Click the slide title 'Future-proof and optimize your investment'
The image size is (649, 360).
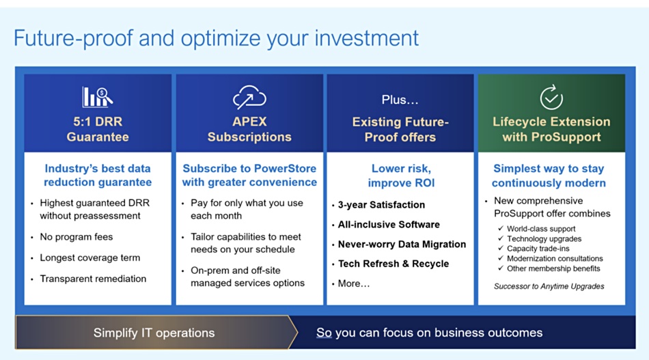coord(216,39)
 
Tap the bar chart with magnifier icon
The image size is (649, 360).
coord(97,97)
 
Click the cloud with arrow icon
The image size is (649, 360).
coord(249,97)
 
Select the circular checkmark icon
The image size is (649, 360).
coord(551,97)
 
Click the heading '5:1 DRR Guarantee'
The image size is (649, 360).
coord(98,129)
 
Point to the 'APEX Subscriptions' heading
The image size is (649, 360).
coord(249,129)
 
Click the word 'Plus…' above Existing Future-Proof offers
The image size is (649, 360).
coord(400,100)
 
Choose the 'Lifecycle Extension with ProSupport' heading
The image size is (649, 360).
coord(551,129)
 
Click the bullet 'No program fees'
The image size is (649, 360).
coord(76,236)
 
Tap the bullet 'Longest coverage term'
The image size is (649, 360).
coord(89,258)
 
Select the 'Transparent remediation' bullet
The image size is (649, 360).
coord(93,279)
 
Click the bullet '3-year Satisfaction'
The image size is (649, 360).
coord(381,205)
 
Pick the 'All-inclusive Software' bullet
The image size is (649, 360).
coord(389,225)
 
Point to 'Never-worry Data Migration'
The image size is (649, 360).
coord(402,245)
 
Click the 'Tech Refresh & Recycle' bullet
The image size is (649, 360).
coord(393,264)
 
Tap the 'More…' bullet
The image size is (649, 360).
coord(353,284)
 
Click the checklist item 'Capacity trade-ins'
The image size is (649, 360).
coord(538,249)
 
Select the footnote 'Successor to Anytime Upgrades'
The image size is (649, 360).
coord(549,286)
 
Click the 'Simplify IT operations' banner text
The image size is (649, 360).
coord(154,333)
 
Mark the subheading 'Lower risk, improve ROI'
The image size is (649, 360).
coord(401,176)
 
